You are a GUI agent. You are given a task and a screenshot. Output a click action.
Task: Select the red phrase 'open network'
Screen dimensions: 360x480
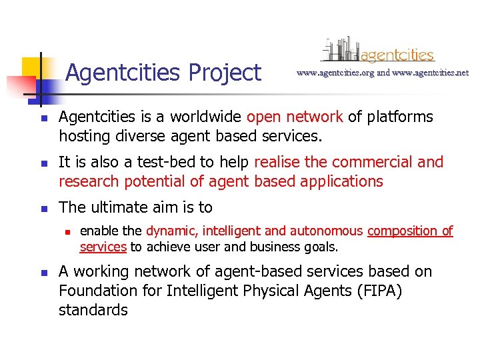pyautogui.click(x=295, y=117)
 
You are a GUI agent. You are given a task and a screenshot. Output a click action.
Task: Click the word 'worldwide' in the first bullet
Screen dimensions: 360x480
pyautogui.click(x=206, y=117)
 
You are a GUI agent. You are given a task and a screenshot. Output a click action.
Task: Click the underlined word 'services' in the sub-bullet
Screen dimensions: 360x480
pyautogui.click(x=103, y=247)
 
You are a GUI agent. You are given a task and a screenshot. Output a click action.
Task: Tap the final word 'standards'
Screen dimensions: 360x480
pyautogui.click(x=93, y=310)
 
